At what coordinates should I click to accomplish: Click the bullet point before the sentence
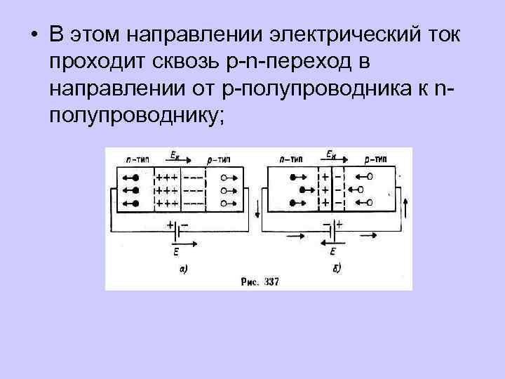(34, 36)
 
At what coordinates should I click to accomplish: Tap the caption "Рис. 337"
(260, 282)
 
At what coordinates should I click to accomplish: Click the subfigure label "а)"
(184, 267)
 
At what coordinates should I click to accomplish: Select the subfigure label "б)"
(337, 267)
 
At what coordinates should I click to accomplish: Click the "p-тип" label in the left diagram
(220, 160)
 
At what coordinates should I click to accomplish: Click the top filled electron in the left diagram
(136, 177)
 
